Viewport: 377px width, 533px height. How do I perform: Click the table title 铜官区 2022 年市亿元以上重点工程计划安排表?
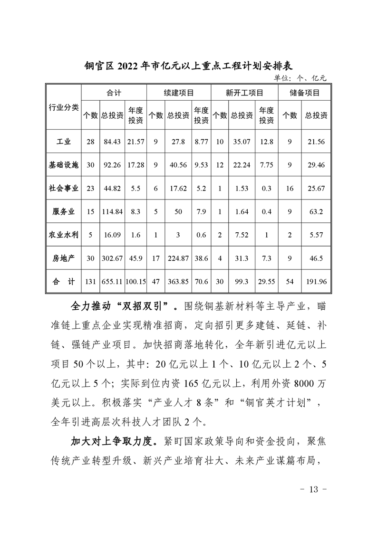click(x=188, y=66)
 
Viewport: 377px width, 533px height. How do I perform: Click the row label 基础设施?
click(x=64, y=164)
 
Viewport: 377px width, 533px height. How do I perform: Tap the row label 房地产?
click(x=64, y=258)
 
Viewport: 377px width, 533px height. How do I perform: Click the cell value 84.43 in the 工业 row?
click(x=112, y=141)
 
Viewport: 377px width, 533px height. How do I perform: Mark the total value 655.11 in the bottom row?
click(x=112, y=282)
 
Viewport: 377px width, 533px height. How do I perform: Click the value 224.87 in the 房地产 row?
click(x=178, y=258)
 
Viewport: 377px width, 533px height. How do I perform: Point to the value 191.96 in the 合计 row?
click(x=316, y=282)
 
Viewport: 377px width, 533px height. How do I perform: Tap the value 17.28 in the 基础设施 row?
click(x=135, y=164)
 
